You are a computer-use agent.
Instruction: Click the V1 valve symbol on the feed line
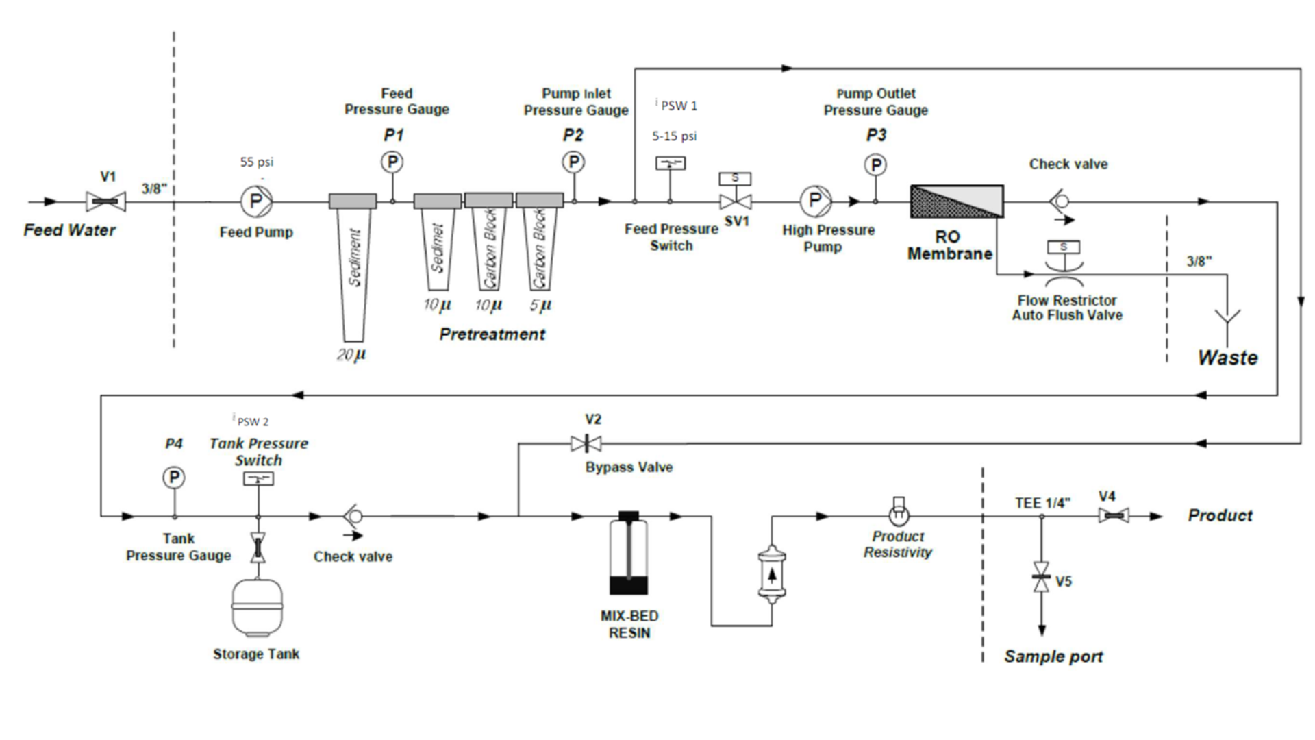[105, 201]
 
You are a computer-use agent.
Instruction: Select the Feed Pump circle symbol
[256, 201]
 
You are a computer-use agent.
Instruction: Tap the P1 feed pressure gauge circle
[392, 162]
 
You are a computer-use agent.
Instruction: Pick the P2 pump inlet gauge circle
[573, 162]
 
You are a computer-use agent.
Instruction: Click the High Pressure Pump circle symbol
[815, 201]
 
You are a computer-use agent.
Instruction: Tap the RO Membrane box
[957, 201]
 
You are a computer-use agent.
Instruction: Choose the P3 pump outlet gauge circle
[875, 165]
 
